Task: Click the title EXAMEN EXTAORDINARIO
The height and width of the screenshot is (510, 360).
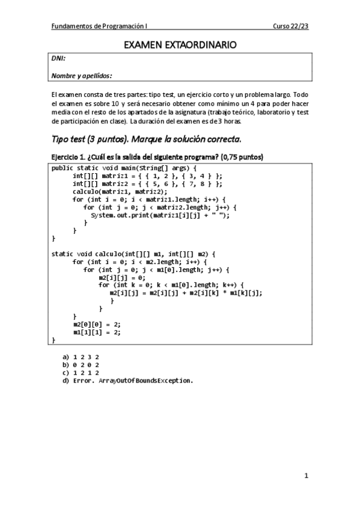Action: click(180, 45)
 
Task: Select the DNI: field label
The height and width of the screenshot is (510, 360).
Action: click(58, 58)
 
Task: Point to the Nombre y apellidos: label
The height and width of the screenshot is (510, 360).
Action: click(82, 76)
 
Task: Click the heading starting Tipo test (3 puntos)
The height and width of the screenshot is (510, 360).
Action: click(146, 140)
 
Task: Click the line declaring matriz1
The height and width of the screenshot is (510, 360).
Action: click(147, 176)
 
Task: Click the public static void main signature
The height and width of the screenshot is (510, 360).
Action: click(128, 167)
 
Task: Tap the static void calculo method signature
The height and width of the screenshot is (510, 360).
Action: click(133, 254)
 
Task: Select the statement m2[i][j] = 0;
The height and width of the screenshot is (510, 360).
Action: click(122, 278)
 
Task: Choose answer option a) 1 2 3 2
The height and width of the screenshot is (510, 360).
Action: click(80, 357)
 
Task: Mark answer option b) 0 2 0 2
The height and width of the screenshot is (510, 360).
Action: click(80, 364)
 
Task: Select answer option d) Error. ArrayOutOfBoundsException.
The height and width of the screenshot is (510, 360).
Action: click(127, 381)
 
